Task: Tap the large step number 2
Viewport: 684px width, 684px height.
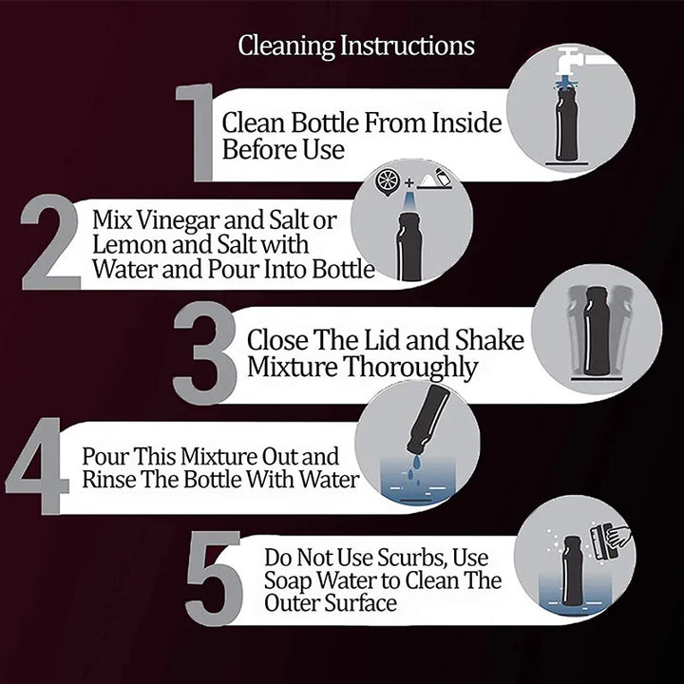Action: (50, 242)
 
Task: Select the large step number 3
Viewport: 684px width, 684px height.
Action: (205, 353)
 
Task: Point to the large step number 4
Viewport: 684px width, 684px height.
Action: (38, 465)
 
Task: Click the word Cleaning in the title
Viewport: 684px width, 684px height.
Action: (287, 47)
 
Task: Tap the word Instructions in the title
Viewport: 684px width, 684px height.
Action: (408, 46)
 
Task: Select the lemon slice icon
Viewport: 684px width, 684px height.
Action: (387, 180)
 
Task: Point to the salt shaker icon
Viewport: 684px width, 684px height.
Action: (443, 177)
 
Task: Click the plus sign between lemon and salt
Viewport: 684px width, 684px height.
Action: (408, 182)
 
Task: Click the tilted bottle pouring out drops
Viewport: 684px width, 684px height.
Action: (427, 420)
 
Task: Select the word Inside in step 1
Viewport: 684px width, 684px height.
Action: (466, 123)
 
